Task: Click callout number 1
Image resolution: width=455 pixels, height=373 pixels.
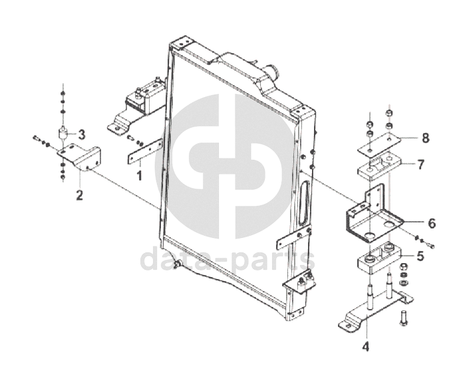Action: [140, 176]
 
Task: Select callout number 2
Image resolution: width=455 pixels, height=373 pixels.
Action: [78, 195]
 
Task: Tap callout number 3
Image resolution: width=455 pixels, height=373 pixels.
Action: [81, 135]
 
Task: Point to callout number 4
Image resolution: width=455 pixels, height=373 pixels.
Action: [365, 346]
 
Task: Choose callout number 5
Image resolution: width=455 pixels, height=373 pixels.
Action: [420, 254]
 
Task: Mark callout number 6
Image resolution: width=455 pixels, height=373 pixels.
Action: [431, 223]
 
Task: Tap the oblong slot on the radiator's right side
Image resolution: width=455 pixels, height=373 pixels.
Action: [305, 202]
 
